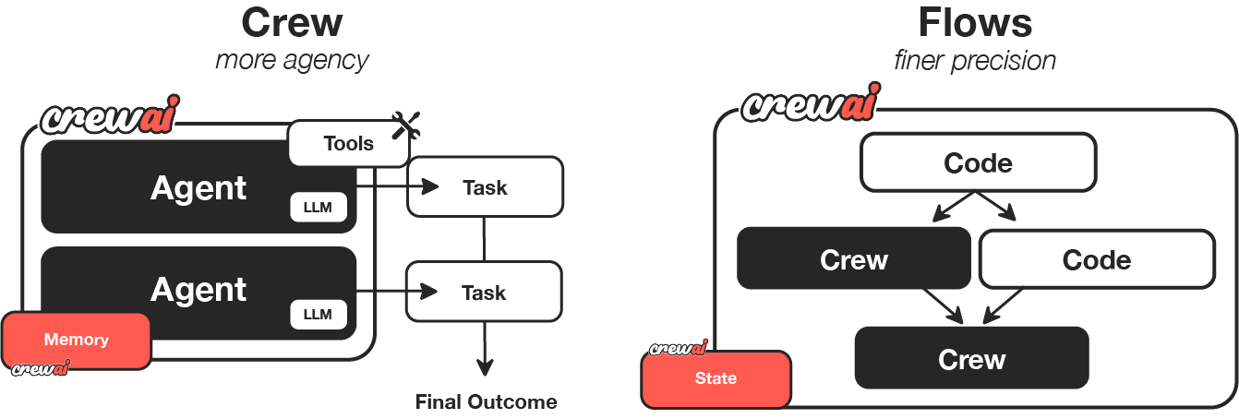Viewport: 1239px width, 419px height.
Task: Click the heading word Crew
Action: click(x=291, y=22)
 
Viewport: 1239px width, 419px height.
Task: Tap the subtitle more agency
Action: click(x=291, y=61)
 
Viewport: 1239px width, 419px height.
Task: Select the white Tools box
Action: click(x=348, y=143)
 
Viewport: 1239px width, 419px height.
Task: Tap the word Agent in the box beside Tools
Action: click(x=198, y=188)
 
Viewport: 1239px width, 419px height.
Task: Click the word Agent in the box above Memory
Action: click(x=198, y=290)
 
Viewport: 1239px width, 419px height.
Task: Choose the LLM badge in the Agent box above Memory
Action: click(x=318, y=315)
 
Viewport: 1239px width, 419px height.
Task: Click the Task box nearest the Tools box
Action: click(x=485, y=187)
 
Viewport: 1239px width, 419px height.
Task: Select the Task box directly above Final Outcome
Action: click(x=485, y=293)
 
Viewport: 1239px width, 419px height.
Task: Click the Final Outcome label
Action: click(x=486, y=402)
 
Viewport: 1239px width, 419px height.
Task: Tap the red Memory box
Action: click(x=77, y=340)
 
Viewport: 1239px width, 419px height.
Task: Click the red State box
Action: click(x=716, y=378)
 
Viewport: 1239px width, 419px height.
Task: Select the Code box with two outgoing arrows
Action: click(x=978, y=163)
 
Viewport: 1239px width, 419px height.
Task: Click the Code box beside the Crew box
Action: click(x=1096, y=259)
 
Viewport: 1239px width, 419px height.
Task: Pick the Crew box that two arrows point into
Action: click(x=971, y=358)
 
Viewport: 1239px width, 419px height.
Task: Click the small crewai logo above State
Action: click(x=678, y=348)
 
